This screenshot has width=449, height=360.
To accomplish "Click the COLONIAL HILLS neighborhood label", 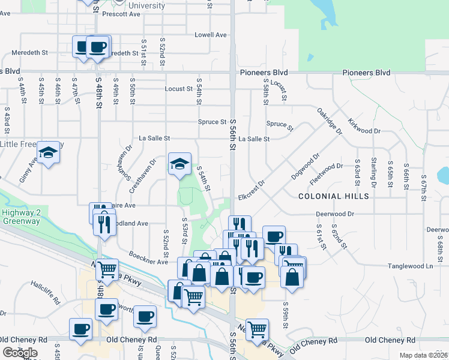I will coord(334,196).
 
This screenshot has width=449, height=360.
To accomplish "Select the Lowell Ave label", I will coord(210,35).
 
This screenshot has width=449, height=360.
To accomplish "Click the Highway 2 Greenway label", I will coord(20,217).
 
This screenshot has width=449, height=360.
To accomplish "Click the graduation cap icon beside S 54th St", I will coord(179,164).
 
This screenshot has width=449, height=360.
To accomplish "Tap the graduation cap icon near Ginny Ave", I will coord(47,153).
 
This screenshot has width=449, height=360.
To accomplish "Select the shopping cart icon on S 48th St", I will coord(107,270).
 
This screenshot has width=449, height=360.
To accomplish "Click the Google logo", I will coord(20,353).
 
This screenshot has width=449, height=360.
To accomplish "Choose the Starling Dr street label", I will coord(373,171).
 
